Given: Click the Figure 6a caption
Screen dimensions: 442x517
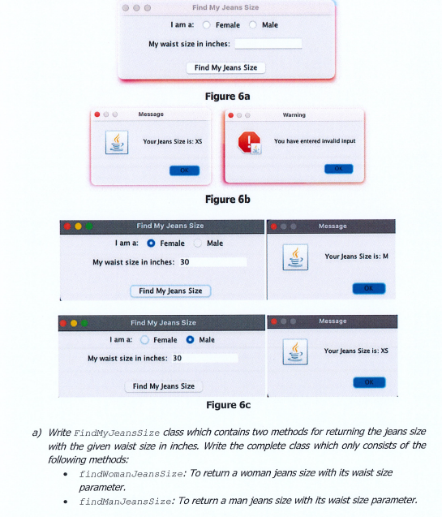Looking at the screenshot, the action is point(227,97).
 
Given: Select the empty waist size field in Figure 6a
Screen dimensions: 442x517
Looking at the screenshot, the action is point(268,44).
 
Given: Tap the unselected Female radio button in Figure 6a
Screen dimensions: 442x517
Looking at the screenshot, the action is point(207,25).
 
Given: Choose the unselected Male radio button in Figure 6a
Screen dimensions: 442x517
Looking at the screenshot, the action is point(252,25).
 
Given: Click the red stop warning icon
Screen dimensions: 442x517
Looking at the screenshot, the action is point(249,143).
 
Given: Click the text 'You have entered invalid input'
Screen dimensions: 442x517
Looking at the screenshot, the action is point(315,141).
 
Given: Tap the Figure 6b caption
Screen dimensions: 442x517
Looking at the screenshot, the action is point(228,199).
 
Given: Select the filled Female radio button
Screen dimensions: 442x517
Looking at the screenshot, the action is point(151,243).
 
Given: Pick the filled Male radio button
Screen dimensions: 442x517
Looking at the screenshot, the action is point(190,339).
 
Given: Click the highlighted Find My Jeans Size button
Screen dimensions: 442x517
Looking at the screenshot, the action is point(170,291).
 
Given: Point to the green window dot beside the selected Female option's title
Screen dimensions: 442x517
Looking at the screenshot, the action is point(89,226).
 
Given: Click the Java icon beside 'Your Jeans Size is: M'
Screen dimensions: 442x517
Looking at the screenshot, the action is point(295,257).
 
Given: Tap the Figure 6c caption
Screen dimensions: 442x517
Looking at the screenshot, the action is point(228,405).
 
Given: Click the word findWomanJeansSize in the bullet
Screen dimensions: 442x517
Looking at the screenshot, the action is point(131,474).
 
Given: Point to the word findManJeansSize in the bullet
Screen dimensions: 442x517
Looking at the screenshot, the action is point(125,502).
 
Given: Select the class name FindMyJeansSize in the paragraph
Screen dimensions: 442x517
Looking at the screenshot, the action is point(117,433).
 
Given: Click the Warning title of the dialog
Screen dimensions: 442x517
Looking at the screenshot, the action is point(294,114).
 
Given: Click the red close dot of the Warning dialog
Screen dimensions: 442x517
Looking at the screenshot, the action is point(231,115).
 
